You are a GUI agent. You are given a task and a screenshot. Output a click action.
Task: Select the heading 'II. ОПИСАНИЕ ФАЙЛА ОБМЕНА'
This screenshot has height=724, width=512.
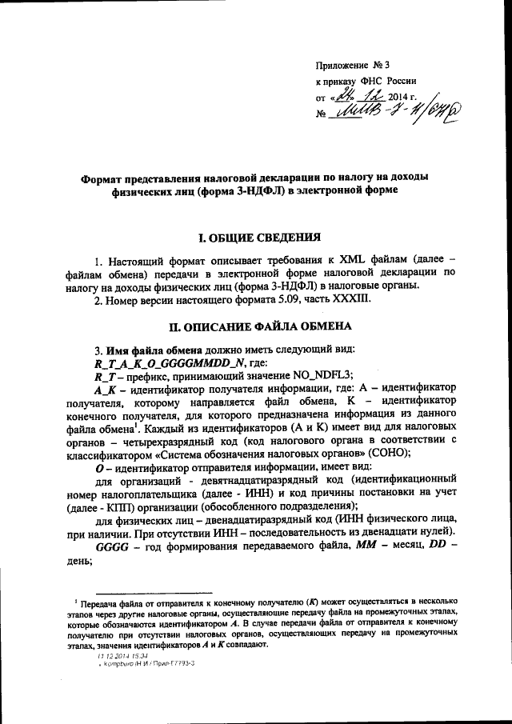(260, 327)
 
